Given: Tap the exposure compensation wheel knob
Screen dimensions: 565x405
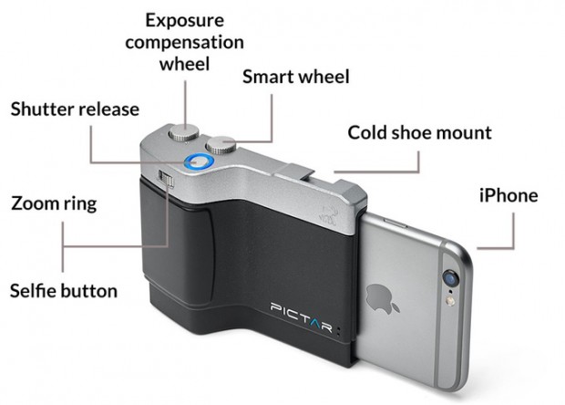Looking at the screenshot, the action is pyautogui.click(x=184, y=132).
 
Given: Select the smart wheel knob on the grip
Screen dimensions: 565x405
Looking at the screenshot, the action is pyautogui.click(x=221, y=145).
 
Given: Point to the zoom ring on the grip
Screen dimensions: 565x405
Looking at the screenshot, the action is pyautogui.click(x=166, y=179).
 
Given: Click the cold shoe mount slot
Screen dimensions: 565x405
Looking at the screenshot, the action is pyautogui.click(x=293, y=171).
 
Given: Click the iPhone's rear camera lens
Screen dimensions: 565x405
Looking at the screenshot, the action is pyautogui.click(x=451, y=278).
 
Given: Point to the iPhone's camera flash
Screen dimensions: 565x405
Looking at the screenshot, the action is pyautogui.click(x=449, y=300).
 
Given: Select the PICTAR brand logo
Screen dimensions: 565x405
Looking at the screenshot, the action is pyautogui.click(x=301, y=317).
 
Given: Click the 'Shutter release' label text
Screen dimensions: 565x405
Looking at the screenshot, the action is pyautogui.click(x=75, y=109).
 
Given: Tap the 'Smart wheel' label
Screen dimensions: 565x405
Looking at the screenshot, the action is pyautogui.click(x=296, y=77).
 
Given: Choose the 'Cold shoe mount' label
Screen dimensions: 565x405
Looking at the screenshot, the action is pyautogui.click(x=419, y=132).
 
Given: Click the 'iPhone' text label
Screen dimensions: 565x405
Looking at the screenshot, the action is pyautogui.click(x=508, y=195).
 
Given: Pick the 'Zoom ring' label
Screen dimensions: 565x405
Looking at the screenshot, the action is pyautogui.click(x=54, y=203).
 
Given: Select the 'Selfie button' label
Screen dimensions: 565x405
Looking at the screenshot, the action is pyautogui.click(x=64, y=291).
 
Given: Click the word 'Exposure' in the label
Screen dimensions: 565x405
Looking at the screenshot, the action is pyautogui.click(x=184, y=21).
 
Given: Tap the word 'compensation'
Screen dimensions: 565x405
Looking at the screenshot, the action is pyautogui.click(x=184, y=43).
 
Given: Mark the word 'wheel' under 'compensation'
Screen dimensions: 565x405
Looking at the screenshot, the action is pyautogui.click(x=184, y=64).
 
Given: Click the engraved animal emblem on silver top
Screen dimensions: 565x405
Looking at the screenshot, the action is pyautogui.click(x=328, y=215).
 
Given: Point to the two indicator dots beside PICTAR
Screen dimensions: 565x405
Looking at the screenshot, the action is pyautogui.click(x=338, y=331).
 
